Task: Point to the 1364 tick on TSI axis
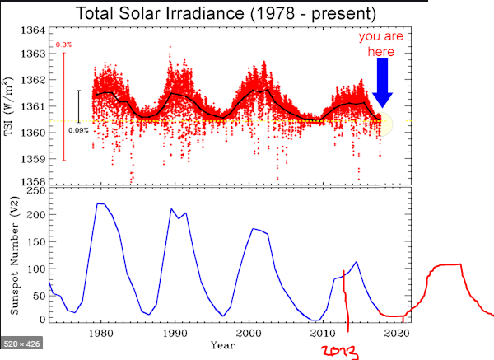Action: pos(34,30)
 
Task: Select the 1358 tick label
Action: pos(34,181)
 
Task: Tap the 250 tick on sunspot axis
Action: pos(37,191)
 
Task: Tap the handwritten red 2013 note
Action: pos(339,352)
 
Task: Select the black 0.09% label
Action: pos(78,130)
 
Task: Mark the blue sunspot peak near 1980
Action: pos(100,203)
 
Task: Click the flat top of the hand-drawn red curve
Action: pos(443,264)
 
